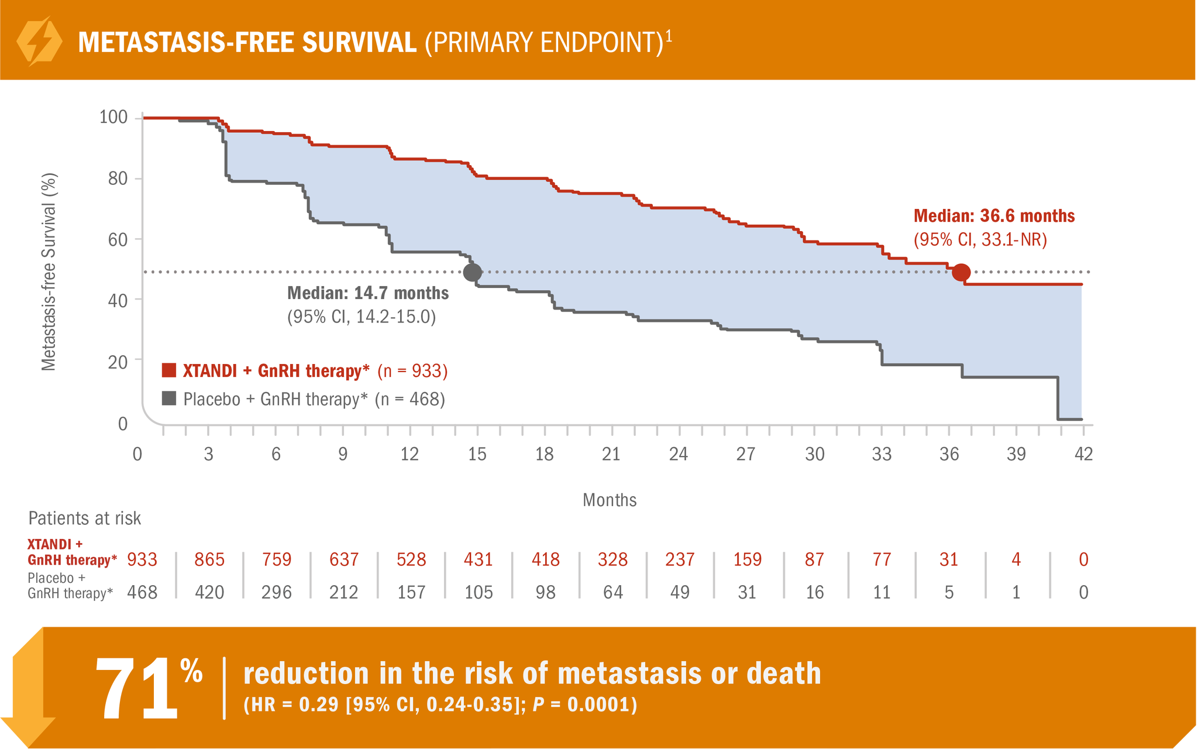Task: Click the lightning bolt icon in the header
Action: tap(39, 42)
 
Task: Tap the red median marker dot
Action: tap(961, 272)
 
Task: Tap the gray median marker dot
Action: tap(472, 272)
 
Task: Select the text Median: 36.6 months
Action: tap(994, 217)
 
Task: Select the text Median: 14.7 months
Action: tap(368, 293)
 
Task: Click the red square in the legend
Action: tap(169, 370)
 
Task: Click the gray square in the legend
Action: tap(169, 398)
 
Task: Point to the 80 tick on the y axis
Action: tap(118, 178)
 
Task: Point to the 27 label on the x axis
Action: tap(746, 454)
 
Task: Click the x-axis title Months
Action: tap(610, 500)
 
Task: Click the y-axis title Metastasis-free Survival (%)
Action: tap(49, 272)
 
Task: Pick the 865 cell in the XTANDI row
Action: tap(209, 559)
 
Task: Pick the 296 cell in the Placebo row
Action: tap(277, 592)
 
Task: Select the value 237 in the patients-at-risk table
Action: tap(680, 559)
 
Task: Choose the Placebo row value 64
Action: tap(612, 592)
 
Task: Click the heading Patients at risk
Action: tap(85, 518)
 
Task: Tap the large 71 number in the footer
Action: tap(136, 689)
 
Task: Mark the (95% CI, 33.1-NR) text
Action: tap(980, 240)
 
